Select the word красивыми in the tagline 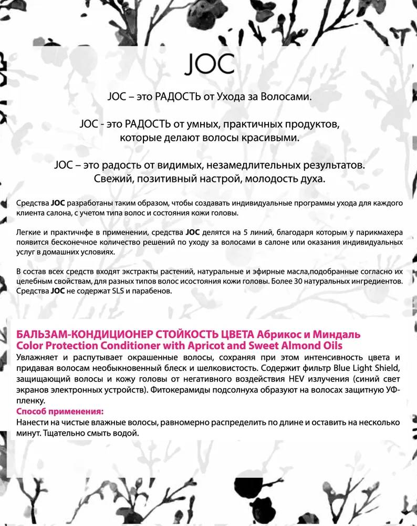coord(274,138)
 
